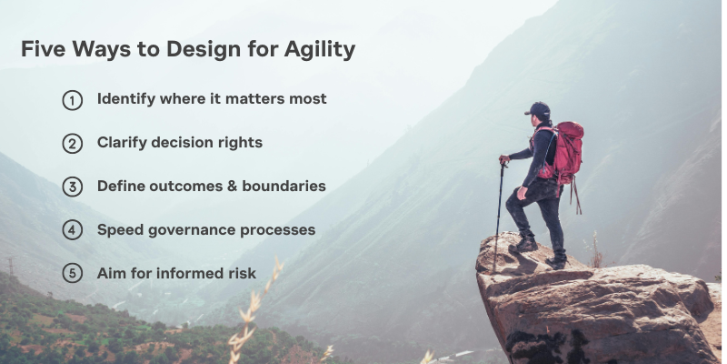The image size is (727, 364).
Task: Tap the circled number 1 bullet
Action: click(73, 100)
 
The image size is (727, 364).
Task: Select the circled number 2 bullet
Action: click(73, 144)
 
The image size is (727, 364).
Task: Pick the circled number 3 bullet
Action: click(73, 187)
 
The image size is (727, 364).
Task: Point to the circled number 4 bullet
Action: click(73, 231)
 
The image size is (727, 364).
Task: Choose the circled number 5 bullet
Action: click(73, 274)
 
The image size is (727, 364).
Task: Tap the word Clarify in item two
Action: click(124, 142)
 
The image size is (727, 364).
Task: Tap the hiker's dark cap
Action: click(538, 110)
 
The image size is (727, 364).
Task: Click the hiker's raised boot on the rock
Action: click(524, 244)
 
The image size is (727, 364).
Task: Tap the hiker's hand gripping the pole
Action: click(503, 160)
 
